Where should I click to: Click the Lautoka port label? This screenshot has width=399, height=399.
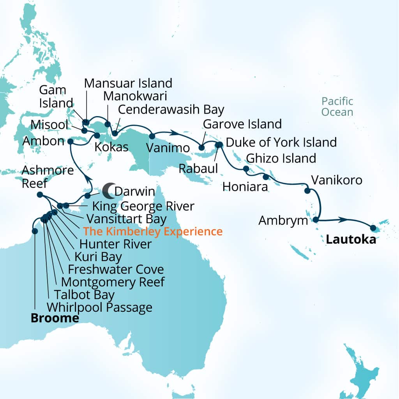tap(351, 239)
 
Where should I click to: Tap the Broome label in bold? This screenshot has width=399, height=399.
tap(55, 318)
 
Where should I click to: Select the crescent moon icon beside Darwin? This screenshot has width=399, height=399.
tap(108, 190)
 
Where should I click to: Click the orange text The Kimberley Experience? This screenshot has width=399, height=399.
tap(153, 231)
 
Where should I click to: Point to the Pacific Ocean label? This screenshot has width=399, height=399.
tap(337, 107)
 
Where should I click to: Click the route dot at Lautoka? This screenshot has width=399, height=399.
tap(373, 228)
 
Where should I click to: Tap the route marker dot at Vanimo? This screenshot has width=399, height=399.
tap(152, 136)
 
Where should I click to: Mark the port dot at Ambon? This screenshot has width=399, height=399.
tap(70, 141)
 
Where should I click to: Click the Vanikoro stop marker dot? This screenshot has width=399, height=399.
tap(307, 191)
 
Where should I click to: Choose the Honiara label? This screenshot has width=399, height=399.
tap(245, 187)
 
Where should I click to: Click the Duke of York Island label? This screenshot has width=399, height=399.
tap(281, 142)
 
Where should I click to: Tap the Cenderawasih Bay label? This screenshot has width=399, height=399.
tap(171, 110)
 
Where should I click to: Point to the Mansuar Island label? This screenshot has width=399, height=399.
tap(128, 83)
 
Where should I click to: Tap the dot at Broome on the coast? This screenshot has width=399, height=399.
tap(35, 231)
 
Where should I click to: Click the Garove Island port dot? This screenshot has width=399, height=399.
tap(201, 147)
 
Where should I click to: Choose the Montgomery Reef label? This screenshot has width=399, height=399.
tap(113, 281)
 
